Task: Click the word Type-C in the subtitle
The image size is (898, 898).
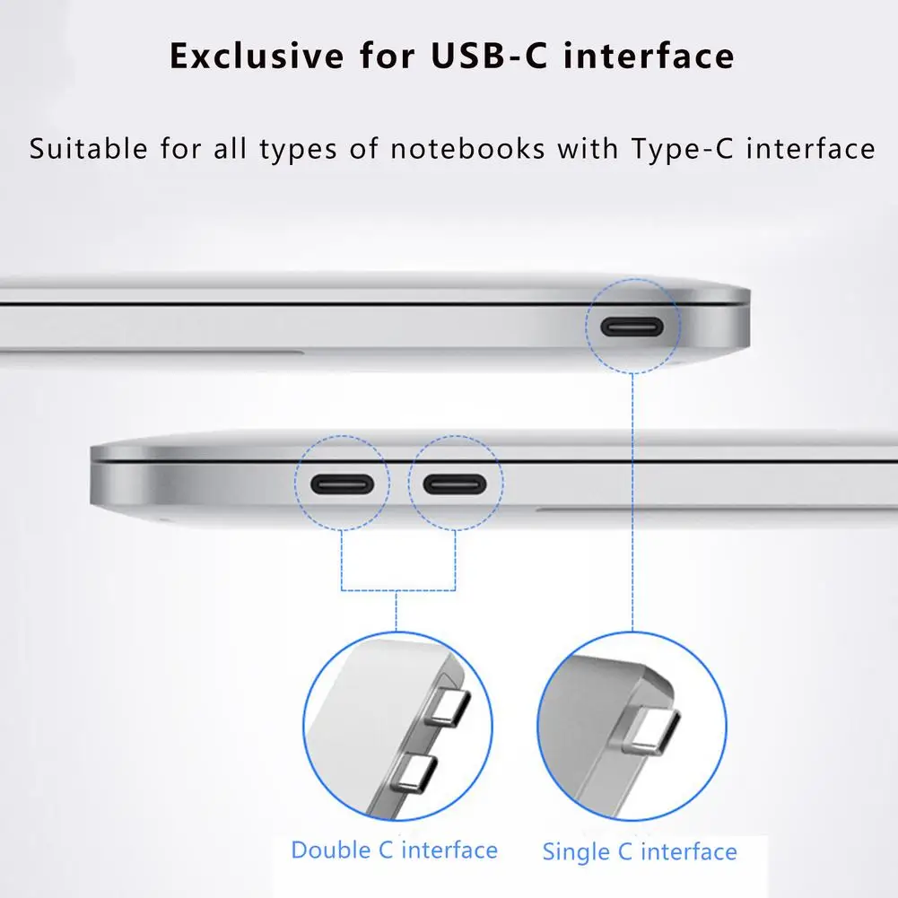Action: pyautogui.click(x=682, y=148)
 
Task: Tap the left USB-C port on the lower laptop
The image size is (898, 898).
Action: pyautogui.click(x=342, y=484)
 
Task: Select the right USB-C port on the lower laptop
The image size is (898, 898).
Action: pyautogui.click(x=455, y=484)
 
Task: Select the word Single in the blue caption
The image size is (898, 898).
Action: pyautogui.click(x=575, y=851)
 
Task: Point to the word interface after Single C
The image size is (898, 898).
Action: pyautogui.click(x=689, y=851)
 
